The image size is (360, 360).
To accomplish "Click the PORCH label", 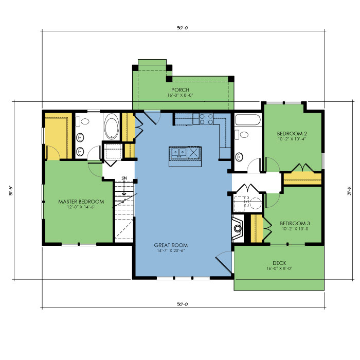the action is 180,90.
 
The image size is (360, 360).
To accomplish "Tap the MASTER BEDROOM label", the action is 81,202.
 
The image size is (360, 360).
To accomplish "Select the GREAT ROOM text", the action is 171,245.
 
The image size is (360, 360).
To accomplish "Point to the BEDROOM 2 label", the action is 292,134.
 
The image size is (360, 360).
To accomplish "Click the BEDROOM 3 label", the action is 295,223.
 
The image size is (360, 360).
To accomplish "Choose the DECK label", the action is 279,263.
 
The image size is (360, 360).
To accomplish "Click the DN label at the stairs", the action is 124,178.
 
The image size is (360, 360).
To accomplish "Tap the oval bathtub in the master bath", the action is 112,127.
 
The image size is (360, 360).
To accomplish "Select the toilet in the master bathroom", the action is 83,121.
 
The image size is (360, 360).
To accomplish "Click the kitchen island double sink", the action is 178,152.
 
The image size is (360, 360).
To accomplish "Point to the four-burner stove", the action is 206,119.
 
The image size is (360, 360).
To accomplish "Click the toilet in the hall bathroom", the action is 242,134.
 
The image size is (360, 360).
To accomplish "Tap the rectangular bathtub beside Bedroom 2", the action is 248,120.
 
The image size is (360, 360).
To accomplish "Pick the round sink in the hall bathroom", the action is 239,157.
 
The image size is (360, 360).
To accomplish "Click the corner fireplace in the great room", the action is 238,228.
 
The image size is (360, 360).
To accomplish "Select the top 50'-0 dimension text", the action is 183,28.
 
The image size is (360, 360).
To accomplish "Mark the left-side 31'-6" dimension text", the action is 11,191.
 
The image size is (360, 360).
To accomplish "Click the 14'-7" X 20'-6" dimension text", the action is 171,251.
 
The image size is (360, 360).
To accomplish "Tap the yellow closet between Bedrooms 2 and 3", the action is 302,179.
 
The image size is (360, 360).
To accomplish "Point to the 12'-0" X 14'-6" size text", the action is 81,207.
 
